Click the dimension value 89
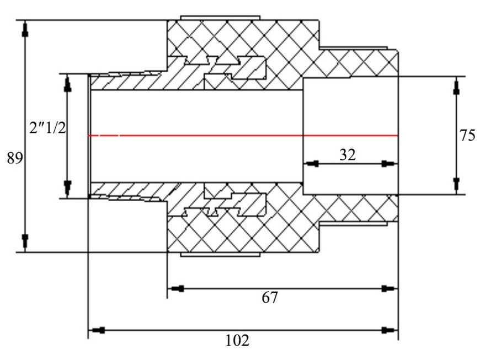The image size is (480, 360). [x=15, y=158]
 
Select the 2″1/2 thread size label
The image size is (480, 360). [x=47, y=128]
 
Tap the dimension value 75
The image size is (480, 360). [x=467, y=136]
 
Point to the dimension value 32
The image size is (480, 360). [x=348, y=155]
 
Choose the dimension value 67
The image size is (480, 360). [x=270, y=297]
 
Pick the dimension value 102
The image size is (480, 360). [x=238, y=340]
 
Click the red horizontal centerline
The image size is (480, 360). [x=243, y=135]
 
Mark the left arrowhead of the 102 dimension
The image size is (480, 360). [x=97, y=330]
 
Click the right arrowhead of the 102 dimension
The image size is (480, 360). [x=390, y=330]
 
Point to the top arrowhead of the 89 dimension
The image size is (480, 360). [x=25, y=29]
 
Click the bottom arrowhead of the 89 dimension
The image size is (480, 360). [x=25, y=243]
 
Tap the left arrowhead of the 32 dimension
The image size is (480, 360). [x=312, y=164]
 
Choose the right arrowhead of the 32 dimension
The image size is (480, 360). [x=390, y=164]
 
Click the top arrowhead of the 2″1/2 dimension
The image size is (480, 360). [x=67, y=83]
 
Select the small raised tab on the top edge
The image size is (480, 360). [x=220, y=18]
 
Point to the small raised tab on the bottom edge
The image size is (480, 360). [x=220, y=255]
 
